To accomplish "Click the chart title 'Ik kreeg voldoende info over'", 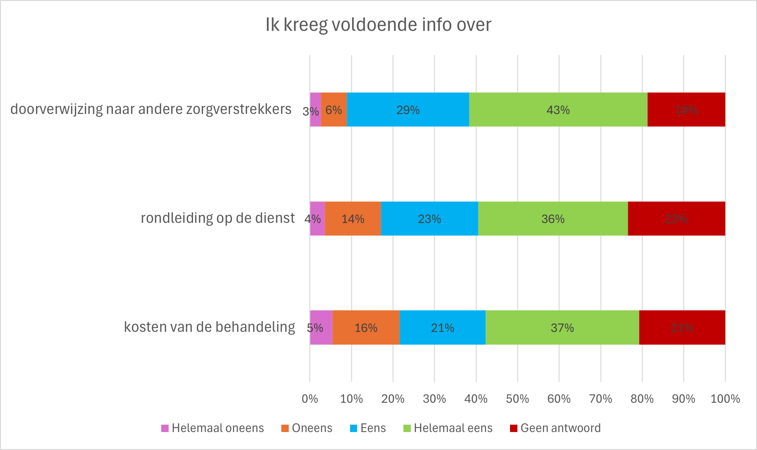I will [x=378, y=25].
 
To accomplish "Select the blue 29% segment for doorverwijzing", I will [x=408, y=110].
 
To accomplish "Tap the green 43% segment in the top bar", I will [x=558, y=110].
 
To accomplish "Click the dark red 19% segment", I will [x=686, y=110].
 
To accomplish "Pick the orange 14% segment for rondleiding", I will [x=353, y=219].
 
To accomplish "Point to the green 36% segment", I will [x=553, y=219].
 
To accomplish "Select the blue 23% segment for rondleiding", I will [x=429, y=219].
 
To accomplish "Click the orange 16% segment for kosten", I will [x=366, y=327].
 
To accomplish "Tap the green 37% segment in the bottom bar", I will [x=562, y=327].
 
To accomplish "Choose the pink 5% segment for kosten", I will [x=321, y=327].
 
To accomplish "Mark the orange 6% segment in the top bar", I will [x=334, y=110].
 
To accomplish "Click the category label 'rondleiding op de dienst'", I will [x=218, y=218].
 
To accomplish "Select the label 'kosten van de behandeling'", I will [x=209, y=327].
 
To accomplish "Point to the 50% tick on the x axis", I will [x=517, y=399].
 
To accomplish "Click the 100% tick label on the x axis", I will [x=725, y=399].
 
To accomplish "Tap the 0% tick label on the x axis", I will [x=310, y=399].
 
